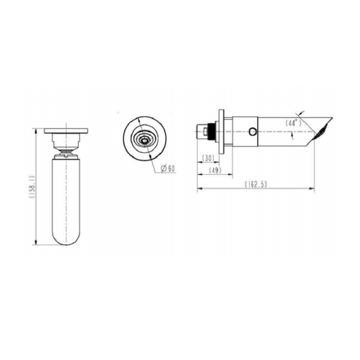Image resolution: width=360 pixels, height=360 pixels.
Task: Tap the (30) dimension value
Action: [x=209, y=157]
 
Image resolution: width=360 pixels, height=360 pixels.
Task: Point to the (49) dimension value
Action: [x=214, y=170]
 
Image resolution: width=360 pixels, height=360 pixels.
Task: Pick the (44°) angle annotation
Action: [x=293, y=122]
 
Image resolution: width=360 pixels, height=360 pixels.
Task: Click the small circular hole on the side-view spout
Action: [x=253, y=132]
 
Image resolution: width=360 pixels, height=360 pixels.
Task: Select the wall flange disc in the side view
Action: [x=220, y=131]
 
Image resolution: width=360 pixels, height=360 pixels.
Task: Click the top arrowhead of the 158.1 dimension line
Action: [x=38, y=132]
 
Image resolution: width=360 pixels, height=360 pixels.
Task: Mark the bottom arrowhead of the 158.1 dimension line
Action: [x=38, y=243]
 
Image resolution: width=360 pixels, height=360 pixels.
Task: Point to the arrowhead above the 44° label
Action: [x=304, y=113]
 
